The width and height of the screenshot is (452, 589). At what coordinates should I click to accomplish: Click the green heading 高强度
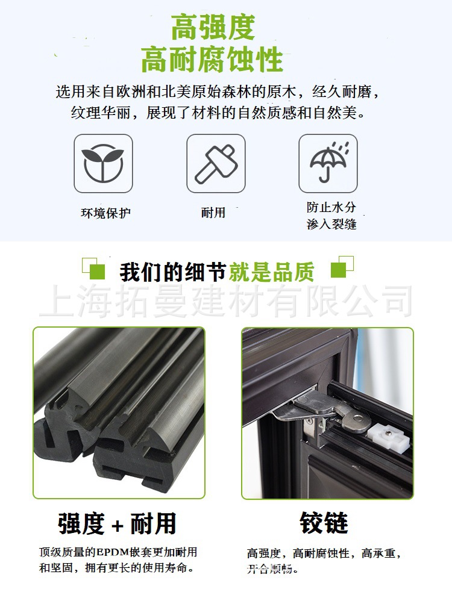click(x=213, y=26)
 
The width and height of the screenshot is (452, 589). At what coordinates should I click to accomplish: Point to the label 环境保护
click(x=105, y=213)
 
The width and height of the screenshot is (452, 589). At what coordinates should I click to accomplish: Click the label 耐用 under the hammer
click(x=213, y=213)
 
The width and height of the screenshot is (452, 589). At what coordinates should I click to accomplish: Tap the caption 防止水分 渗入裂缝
click(x=331, y=216)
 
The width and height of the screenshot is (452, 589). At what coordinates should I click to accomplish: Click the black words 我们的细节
click(x=173, y=272)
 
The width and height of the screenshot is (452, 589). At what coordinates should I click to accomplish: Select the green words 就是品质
click(x=271, y=272)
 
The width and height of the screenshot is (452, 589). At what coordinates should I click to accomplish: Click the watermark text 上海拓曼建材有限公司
click(x=226, y=302)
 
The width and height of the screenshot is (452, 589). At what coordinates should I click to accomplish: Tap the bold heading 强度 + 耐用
click(x=118, y=523)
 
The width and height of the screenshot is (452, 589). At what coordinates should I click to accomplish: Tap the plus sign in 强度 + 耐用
click(x=118, y=525)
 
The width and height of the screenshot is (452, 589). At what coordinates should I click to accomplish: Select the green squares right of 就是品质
click(x=342, y=266)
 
